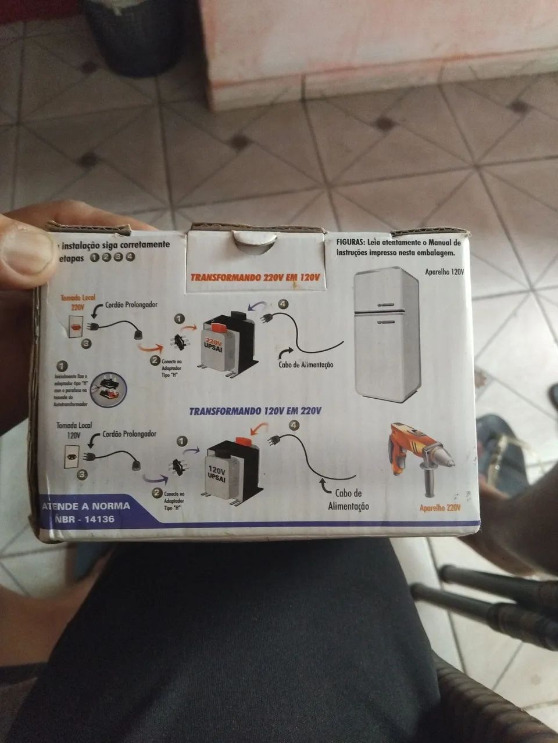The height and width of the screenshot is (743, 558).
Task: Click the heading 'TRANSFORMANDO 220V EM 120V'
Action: tap(256, 277)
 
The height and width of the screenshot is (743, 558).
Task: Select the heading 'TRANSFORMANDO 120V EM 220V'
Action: tap(255, 411)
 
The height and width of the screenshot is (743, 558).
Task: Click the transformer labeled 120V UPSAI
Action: tap(228, 470)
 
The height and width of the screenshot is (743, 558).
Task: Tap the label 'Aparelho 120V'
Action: tap(444, 271)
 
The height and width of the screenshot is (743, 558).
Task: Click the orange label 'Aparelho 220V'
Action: tap(440, 507)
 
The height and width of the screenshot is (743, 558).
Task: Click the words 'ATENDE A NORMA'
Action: tap(86, 506)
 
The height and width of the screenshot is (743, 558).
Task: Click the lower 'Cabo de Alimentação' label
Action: tap(348, 499)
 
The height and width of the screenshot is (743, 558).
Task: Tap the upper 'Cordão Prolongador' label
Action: tap(131, 305)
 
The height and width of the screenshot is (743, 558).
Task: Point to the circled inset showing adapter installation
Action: tap(109, 387)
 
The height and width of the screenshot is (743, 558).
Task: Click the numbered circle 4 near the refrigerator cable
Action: tap(283, 304)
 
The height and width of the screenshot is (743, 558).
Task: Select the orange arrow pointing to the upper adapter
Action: tap(150, 348)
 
